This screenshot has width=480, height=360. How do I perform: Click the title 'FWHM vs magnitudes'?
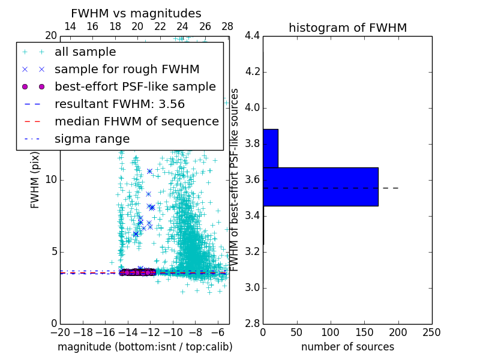pos(136,14)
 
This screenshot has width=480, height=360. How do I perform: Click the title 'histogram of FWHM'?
pos(347,28)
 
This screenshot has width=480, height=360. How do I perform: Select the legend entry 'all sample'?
pos(85,52)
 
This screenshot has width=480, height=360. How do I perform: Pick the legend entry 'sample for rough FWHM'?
pos(127,69)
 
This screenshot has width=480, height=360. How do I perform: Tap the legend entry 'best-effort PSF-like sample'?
pos(135,86)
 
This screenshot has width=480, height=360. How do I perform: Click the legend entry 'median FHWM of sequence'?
pos(136,121)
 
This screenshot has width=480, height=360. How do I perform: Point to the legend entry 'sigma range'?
pos(92,139)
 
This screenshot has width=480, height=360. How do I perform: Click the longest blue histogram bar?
pos(320,187)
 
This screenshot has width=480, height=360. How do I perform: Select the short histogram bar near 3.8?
pos(270,148)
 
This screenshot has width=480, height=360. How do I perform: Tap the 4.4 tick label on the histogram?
pos(252,36)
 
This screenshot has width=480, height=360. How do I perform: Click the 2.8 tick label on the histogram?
pos(252,323)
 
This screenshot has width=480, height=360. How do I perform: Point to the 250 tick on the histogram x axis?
pos(432,332)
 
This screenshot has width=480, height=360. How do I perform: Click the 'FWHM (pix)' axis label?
pos(35,179)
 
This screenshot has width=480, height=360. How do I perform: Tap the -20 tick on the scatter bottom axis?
pos(60,332)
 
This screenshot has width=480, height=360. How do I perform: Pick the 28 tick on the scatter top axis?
pos(227,26)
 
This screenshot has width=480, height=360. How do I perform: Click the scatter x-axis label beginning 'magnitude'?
pos(145,347)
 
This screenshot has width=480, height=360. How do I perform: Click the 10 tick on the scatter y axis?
pos(51,179)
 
